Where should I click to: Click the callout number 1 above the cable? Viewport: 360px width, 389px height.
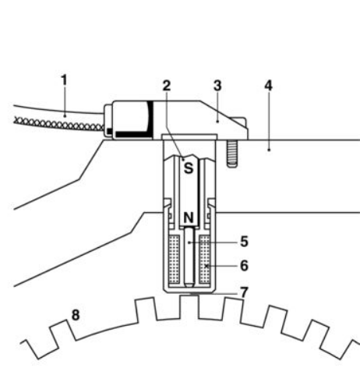click(64, 80)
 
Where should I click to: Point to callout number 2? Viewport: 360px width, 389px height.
click(165, 86)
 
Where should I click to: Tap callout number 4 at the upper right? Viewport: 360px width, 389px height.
click(269, 87)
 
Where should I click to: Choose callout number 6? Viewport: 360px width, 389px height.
click(245, 264)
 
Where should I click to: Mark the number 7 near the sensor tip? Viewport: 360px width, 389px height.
click(245, 292)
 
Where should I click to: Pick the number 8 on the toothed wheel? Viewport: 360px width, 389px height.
click(76, 316)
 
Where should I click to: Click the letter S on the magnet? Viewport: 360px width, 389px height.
click(188, 166)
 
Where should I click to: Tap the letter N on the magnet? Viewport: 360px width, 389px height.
click(188, 217)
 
